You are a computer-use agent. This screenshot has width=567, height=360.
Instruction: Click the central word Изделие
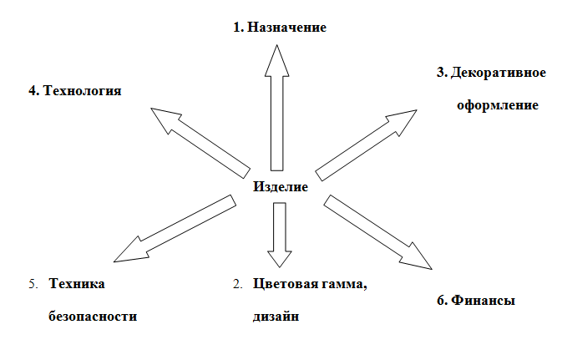click(x=281, y=187)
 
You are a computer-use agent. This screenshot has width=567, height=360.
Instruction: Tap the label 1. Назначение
click(x=280, y=28)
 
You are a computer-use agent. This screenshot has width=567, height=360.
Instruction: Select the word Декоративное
click(x=498, y=73)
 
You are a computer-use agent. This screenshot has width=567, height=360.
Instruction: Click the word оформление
click(x=497, y=106)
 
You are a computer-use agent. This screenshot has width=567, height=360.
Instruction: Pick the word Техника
click(x=77, y=284)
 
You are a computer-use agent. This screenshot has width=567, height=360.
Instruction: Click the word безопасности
click(x=92, y=317)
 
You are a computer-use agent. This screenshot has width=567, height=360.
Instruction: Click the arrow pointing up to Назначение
click(x=277, y=117)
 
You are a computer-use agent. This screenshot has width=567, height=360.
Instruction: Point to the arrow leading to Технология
click(x=200, y=139)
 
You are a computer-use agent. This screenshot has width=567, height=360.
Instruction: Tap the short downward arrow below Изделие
click(x=278, y=231)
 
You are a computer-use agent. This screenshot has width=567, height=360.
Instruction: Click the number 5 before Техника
click(x=33, y=284)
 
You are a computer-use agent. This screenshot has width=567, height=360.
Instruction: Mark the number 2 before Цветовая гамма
click(x=237, y=284)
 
